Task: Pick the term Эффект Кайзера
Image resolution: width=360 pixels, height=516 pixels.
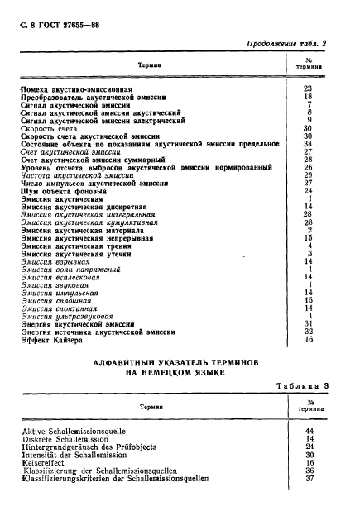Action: (x=56, y=339)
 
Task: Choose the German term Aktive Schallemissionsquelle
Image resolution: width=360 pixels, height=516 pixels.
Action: (x=79, y=432)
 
